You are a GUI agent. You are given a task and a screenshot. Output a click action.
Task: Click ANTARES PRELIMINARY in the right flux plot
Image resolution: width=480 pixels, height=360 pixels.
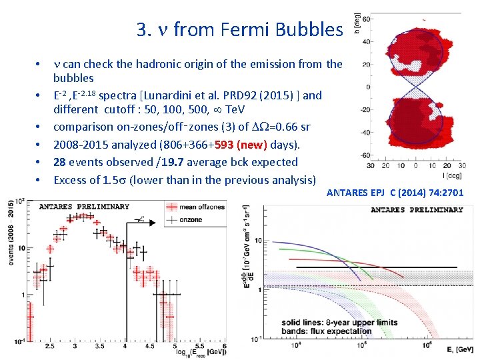417,209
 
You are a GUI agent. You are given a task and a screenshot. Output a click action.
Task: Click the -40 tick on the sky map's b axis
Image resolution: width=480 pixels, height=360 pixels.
365,133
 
